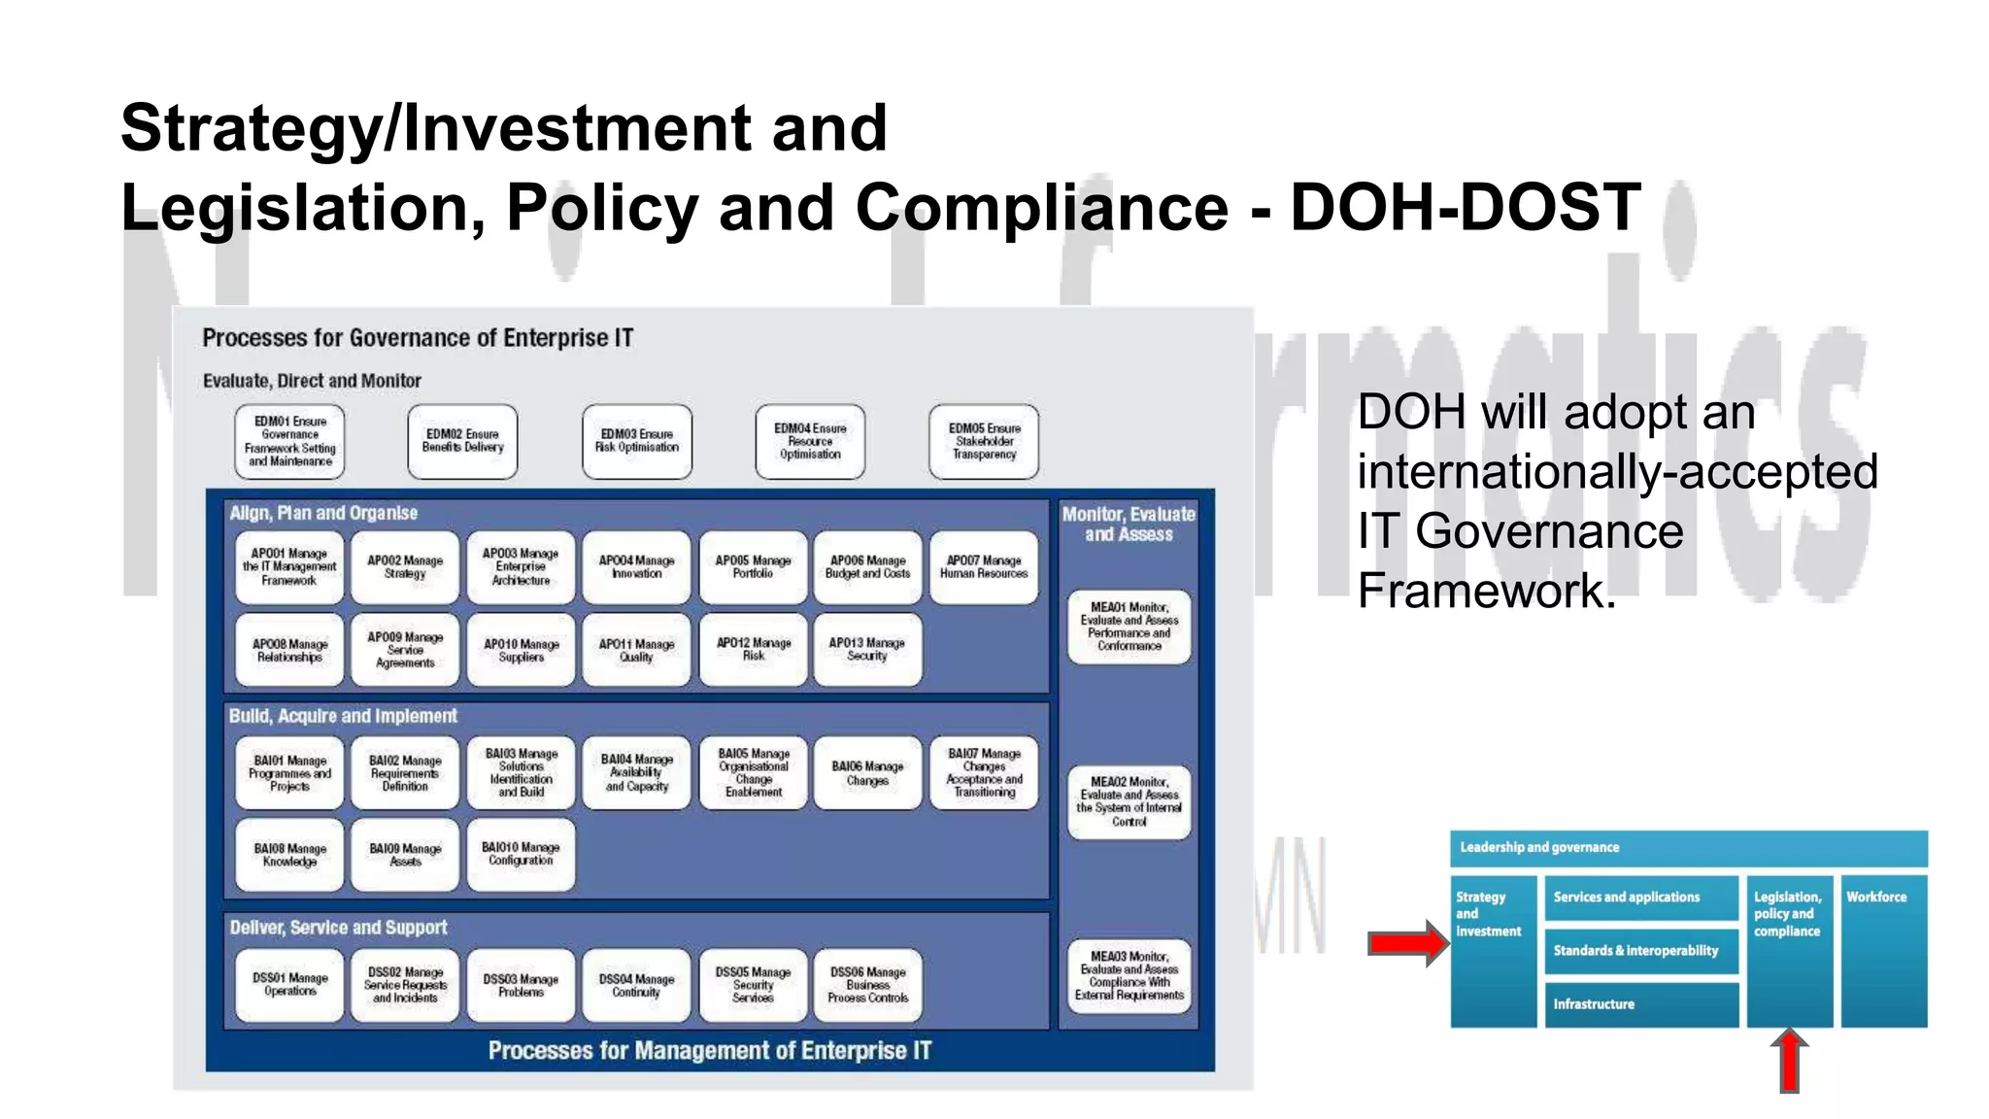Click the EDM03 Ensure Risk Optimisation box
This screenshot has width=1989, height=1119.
pos(637,442)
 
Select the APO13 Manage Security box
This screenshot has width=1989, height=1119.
pos(867,650)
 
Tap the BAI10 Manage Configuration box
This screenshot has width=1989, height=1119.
pos(521,855)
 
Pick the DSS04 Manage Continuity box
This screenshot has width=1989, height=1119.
pos(636,986)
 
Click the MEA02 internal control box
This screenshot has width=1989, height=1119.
pos(1129,802)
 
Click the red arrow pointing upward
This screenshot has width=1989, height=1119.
pos(1789,1061)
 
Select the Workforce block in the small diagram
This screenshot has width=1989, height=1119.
pos(1883,950)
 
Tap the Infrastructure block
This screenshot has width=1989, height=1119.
pos(1640,1004)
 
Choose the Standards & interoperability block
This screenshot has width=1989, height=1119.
pos(1640,951)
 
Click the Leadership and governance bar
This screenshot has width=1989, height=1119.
pos(1688,848)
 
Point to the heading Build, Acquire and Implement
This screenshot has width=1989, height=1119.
pos(343,717)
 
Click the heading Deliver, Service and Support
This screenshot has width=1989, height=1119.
pos(339,929)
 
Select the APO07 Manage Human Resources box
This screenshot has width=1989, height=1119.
pos(984,567)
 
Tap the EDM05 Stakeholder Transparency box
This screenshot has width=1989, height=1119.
pos(984,442)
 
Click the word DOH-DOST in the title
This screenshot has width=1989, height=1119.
pos(1465,207)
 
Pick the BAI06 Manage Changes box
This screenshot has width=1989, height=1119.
pos(867,774)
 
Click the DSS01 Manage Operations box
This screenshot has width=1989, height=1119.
pos(289,986)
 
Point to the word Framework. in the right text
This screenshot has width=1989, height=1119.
pos(1486,591)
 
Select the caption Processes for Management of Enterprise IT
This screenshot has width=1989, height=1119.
pos(709,1051)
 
